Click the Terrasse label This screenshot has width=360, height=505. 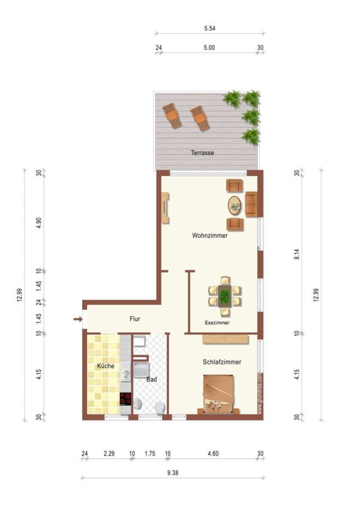(x=202, y=153)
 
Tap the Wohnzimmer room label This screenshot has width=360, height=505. (x=210, y=236)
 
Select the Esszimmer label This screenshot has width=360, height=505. (x=217, y=323)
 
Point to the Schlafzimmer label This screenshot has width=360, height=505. (x=222, y=362)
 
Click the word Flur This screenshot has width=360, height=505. (x=135, y=319)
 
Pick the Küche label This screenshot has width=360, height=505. (x=106, y=366)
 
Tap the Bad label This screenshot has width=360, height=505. (x=152, y=379)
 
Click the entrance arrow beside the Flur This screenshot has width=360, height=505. (x=78, y=319)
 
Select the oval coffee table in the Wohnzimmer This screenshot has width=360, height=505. (x=234, y=205)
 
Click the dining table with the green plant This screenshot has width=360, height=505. (x=224, y=296)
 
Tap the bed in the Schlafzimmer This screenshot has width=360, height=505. (x=218, y=394)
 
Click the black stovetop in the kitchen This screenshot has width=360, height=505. (x=125, y=399)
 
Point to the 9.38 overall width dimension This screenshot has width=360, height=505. (x=173, y=473)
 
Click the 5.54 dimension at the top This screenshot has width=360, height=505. (x=210, y=29)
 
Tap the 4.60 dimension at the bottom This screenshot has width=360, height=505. (x=213, y=453)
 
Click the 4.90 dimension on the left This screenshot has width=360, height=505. (x=39, y=223)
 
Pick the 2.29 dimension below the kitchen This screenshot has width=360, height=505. (x=109, y=453)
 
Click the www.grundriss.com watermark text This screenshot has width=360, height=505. (x=260, y=393)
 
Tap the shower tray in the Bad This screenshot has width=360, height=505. (x=141, y=369)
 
